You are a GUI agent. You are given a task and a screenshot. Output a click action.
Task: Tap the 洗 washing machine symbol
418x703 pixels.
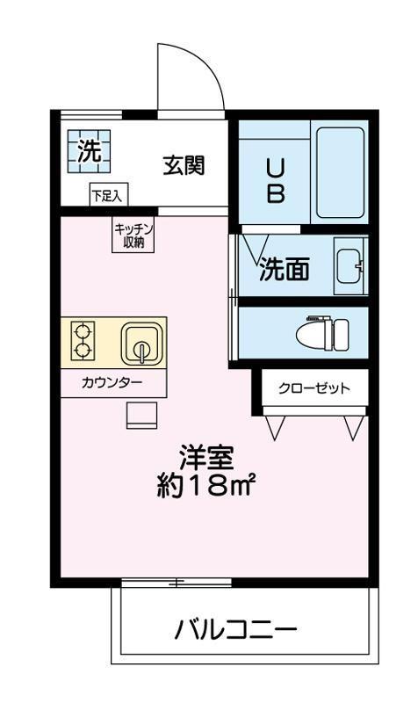(88, 150)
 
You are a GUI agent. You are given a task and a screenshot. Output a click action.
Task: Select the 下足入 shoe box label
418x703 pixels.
(109, 195)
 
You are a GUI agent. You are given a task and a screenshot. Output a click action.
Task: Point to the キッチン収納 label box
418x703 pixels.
(133, 236)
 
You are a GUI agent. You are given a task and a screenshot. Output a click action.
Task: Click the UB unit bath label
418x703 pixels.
(275, 180)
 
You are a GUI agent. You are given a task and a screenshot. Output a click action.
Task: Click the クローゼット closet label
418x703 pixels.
(313, 388)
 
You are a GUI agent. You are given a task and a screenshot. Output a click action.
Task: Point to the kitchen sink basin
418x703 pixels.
(140, 343)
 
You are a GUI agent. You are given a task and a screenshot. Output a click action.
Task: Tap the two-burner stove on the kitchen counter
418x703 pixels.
(83, 343)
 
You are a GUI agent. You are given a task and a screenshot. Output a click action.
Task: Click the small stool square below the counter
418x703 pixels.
(141, 413)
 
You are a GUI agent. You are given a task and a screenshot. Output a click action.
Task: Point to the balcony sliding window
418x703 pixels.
(176, 583)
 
